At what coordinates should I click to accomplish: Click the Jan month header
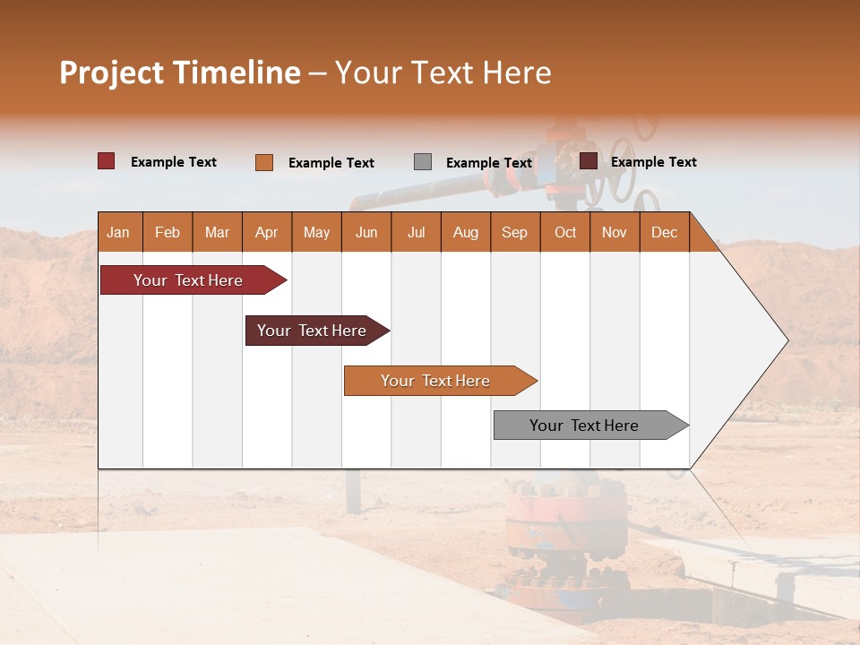pos(119,232)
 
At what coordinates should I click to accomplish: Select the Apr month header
pos(267,232)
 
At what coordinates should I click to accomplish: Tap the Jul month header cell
pos(416,232)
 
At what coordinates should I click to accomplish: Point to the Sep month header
pos(514,232)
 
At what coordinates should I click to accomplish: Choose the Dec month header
pos(664,232)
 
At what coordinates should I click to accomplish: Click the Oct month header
pos(564,232)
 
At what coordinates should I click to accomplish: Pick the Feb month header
pos(168,232)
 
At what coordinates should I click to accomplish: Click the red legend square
pos(106,161)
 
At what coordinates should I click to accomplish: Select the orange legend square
pos(263,162)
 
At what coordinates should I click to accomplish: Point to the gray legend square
pos(422,162)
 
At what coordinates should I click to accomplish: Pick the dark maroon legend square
pos(588,161)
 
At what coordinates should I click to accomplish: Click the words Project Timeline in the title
pos(179,73)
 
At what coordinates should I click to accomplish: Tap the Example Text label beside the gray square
pos(489,163)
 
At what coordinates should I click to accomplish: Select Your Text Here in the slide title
pos(443,73)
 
